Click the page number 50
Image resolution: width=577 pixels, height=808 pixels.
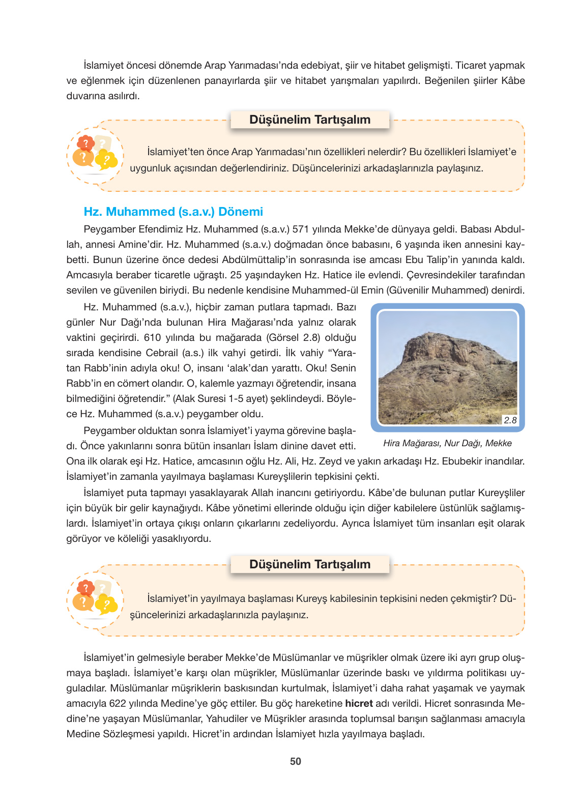295,761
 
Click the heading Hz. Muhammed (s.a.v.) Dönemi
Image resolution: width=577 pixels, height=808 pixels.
173,212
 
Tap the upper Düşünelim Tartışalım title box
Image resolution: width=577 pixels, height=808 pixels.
309,120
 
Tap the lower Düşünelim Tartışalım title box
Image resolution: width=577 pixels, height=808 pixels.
309,564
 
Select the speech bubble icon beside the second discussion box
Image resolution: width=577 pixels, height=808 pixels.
95,598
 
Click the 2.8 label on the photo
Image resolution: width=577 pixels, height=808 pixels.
510,420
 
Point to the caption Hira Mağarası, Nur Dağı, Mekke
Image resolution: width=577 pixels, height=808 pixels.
447,443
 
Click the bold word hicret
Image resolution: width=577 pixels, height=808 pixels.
359,703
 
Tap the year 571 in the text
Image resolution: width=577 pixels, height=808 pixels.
300,229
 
